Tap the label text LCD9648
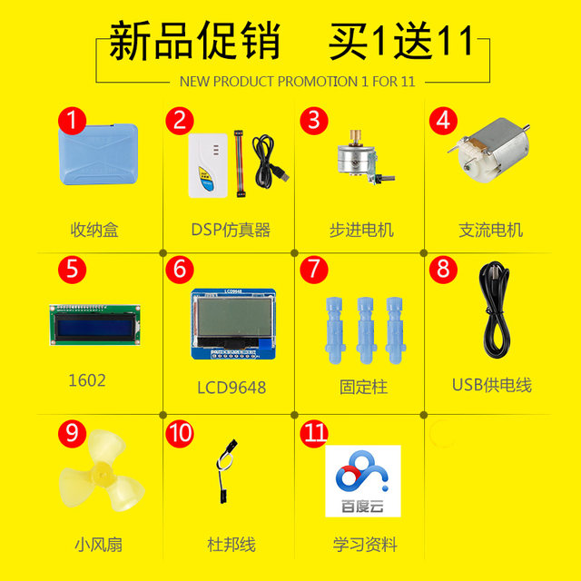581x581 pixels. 231,388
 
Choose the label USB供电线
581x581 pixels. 491,386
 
